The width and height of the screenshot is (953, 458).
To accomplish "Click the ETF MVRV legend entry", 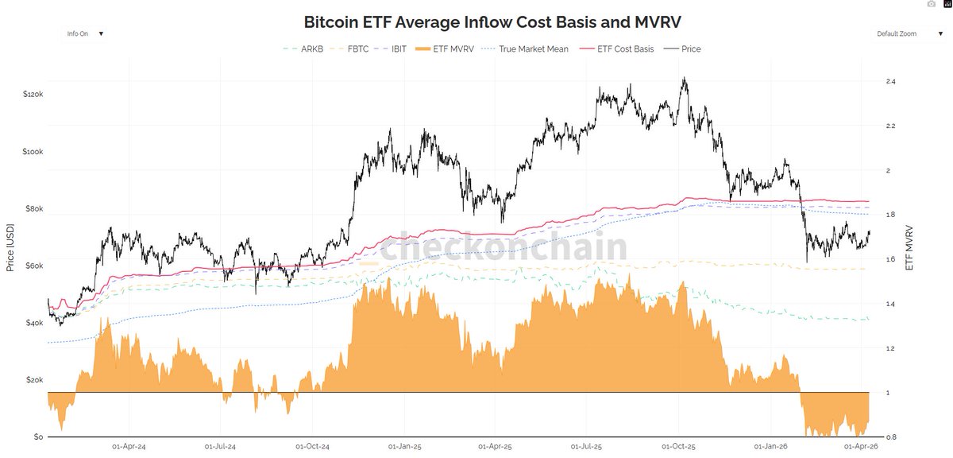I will coord(450,49).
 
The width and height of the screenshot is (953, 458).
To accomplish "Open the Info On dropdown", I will coord(83,34).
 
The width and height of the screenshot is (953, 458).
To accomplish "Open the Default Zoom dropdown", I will coord(905,34).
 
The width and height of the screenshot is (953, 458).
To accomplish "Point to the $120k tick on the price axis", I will coord(33,94).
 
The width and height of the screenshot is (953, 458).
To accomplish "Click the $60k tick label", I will coord(34,266).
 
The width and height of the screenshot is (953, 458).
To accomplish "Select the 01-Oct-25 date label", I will coord(679,448).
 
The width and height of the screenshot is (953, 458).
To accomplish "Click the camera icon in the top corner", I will coord(932,5).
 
